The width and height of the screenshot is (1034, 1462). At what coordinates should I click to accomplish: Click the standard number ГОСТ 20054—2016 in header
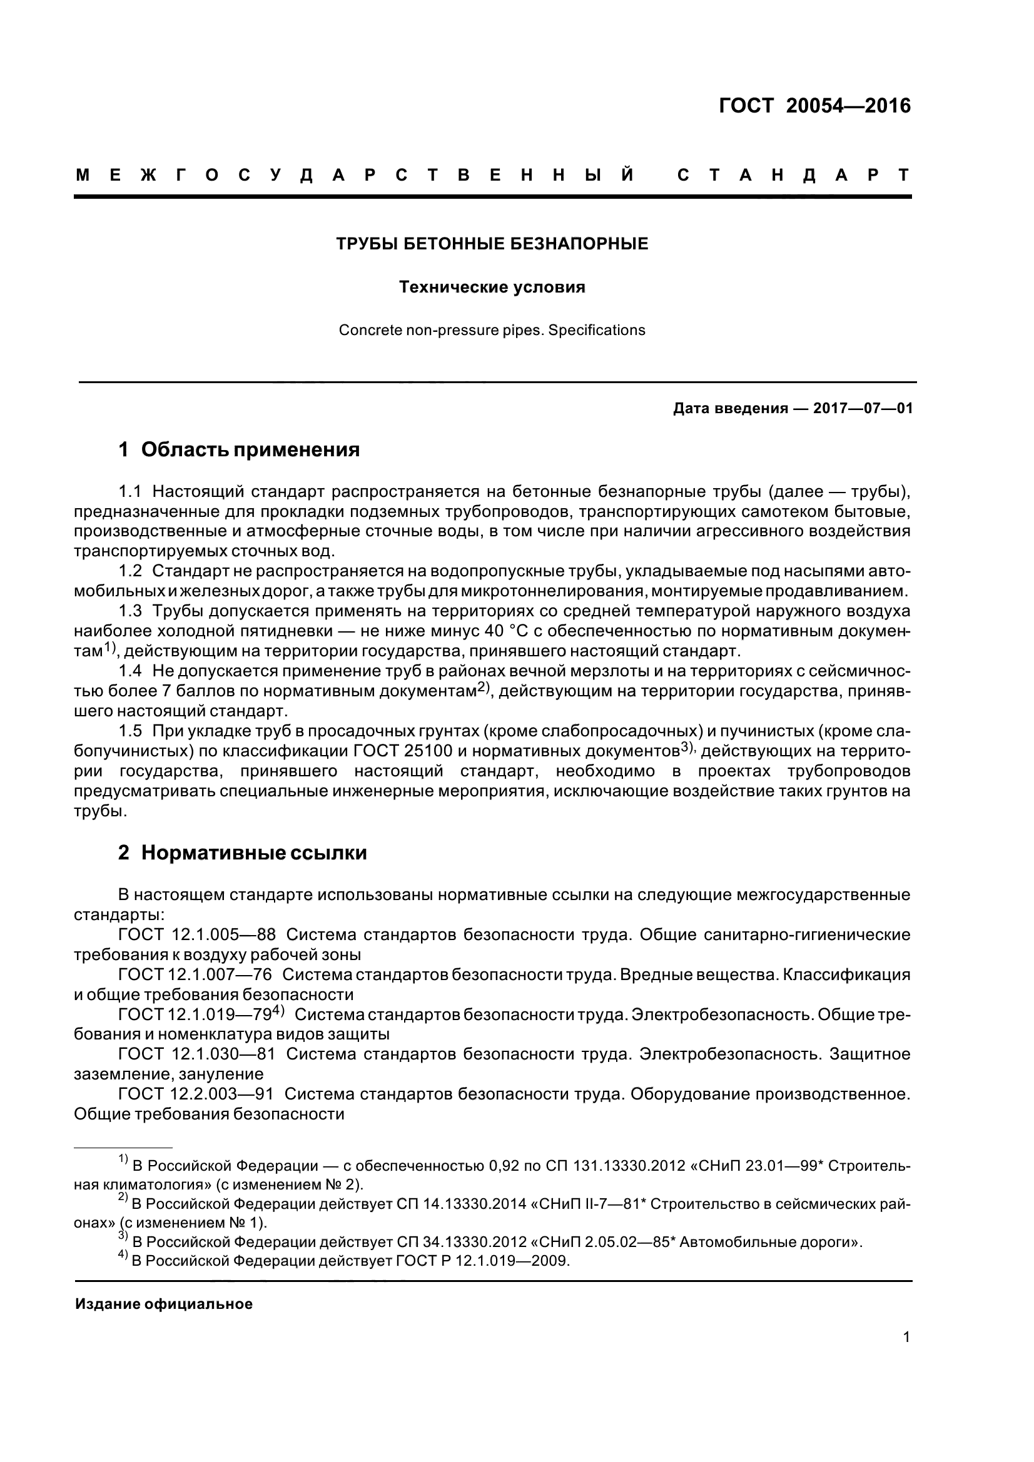tap(815, 105)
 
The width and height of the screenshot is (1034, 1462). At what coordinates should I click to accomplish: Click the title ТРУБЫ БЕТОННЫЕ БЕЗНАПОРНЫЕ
tap(492, 244)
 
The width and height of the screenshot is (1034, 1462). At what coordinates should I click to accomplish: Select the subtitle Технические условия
tap(492, 287)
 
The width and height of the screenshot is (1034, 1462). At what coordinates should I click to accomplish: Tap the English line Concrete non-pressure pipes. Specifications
tap(492, 331)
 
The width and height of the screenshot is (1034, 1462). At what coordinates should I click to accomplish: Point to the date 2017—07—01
tap(863, 408)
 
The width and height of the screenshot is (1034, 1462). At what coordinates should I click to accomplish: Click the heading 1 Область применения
tap(239, 450)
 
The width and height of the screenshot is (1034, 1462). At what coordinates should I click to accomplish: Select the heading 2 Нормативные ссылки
tap(242, 853)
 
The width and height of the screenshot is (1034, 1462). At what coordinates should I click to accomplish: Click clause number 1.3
tap(130, 611)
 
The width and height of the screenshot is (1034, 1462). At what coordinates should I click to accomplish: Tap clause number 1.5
tap(130, 731)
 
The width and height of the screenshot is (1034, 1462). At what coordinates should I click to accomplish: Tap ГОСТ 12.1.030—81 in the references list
tap(197, 1054)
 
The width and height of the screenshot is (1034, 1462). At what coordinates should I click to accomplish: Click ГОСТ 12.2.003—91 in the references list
tap(196, 1094)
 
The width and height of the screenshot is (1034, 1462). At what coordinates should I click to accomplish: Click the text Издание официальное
tap(164, 1304)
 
